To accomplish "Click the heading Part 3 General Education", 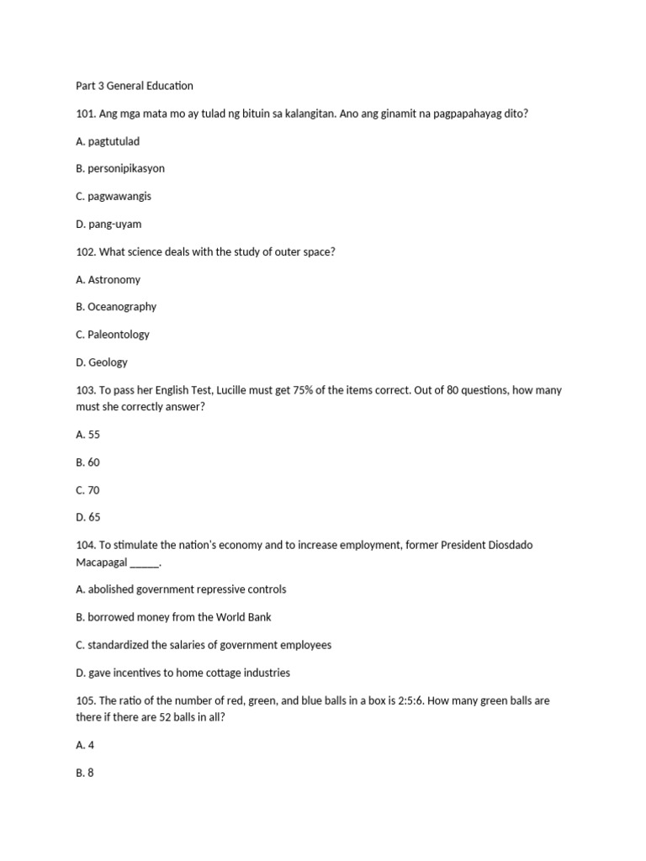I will tap(134, 86).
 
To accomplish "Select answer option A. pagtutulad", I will tap(108, 141).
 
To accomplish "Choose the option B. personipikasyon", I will tap(120, 168).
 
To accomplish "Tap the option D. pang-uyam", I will tap(109, 224).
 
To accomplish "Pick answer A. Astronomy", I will tap(108, 279).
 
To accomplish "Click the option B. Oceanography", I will tap(116, 307).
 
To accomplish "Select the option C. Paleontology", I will tap(113, 335).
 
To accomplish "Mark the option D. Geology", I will tap(102, 362).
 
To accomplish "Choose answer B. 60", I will tap(87, 462).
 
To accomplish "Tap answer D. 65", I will tap(88, 517).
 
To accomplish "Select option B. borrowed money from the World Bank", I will tap(173, 617).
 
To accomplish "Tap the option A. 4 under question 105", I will tap(84, 745).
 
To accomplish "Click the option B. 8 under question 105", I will tap(84, 773).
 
